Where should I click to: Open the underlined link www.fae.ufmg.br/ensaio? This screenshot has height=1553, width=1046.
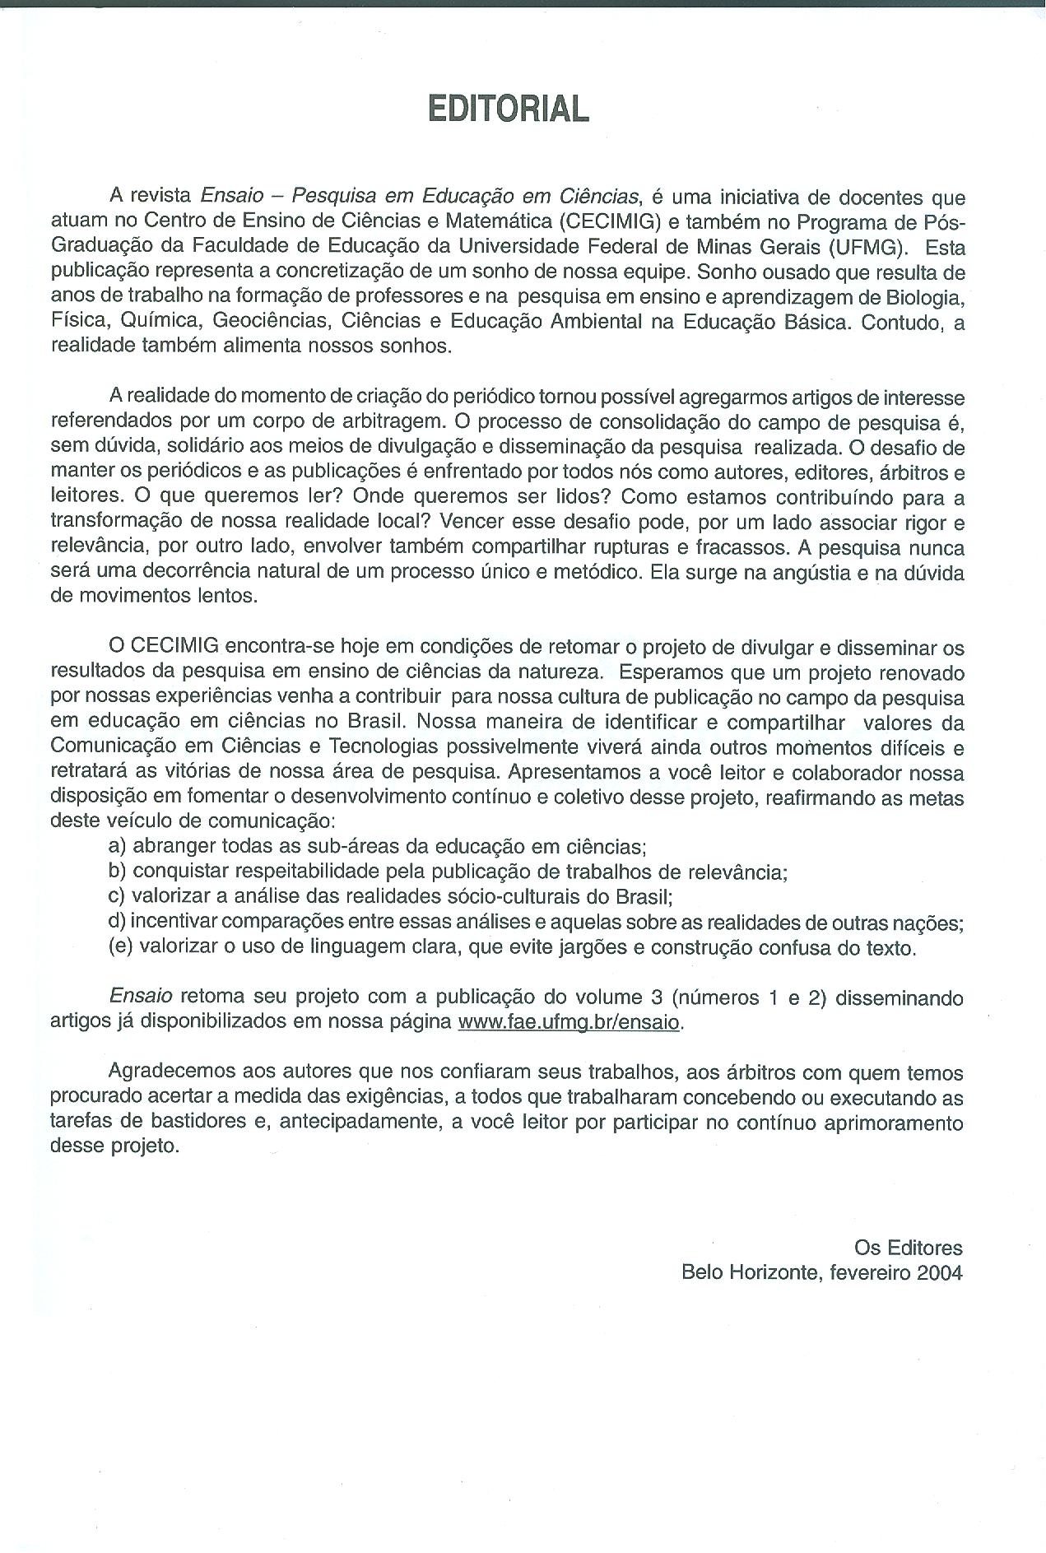pyautogui.click(x=569, y=1022)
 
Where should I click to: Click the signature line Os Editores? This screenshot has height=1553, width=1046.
pyautogui.click(x=908, y=1248)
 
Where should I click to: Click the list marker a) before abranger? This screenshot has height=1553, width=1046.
pyautogui.click(x=118, y=846)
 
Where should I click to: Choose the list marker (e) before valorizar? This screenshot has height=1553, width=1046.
pyautogui.click(x=120, y=946)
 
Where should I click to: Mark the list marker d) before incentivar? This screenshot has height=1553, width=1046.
pyautogui.click(x=118, y=922)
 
